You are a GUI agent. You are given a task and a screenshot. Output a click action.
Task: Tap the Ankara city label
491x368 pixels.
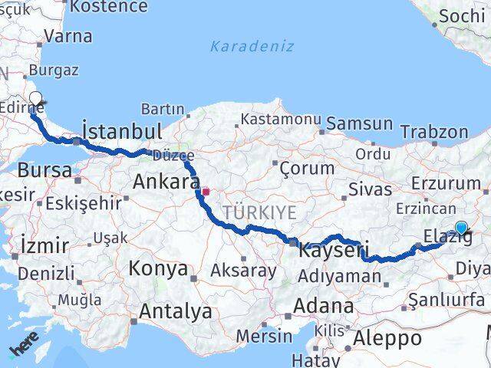[x=166, y=182]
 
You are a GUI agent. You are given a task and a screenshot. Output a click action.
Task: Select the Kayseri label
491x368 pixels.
[x=333, y=250]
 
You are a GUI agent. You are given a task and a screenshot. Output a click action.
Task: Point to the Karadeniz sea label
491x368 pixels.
[x=252, y=47]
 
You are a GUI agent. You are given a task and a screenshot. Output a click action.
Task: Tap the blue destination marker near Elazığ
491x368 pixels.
[x=460, y=228]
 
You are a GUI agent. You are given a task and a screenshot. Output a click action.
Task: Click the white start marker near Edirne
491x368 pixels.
[x=35, y=98]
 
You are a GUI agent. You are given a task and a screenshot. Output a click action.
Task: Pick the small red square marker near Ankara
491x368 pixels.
[x=206, y=192]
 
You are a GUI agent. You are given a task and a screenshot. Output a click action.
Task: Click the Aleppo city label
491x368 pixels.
[x=388, y=338]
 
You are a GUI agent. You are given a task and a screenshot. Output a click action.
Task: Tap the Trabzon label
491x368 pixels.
[x=433, y=131]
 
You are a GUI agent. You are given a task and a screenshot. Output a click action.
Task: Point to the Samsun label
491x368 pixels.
[x=359, y=123]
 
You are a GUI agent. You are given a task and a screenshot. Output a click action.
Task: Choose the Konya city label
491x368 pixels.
[x=158, y=268]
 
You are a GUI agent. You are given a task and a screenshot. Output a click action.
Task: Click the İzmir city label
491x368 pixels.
[x=45, y=246]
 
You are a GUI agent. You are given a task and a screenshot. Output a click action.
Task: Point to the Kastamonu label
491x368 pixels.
[x=280, y=120]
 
